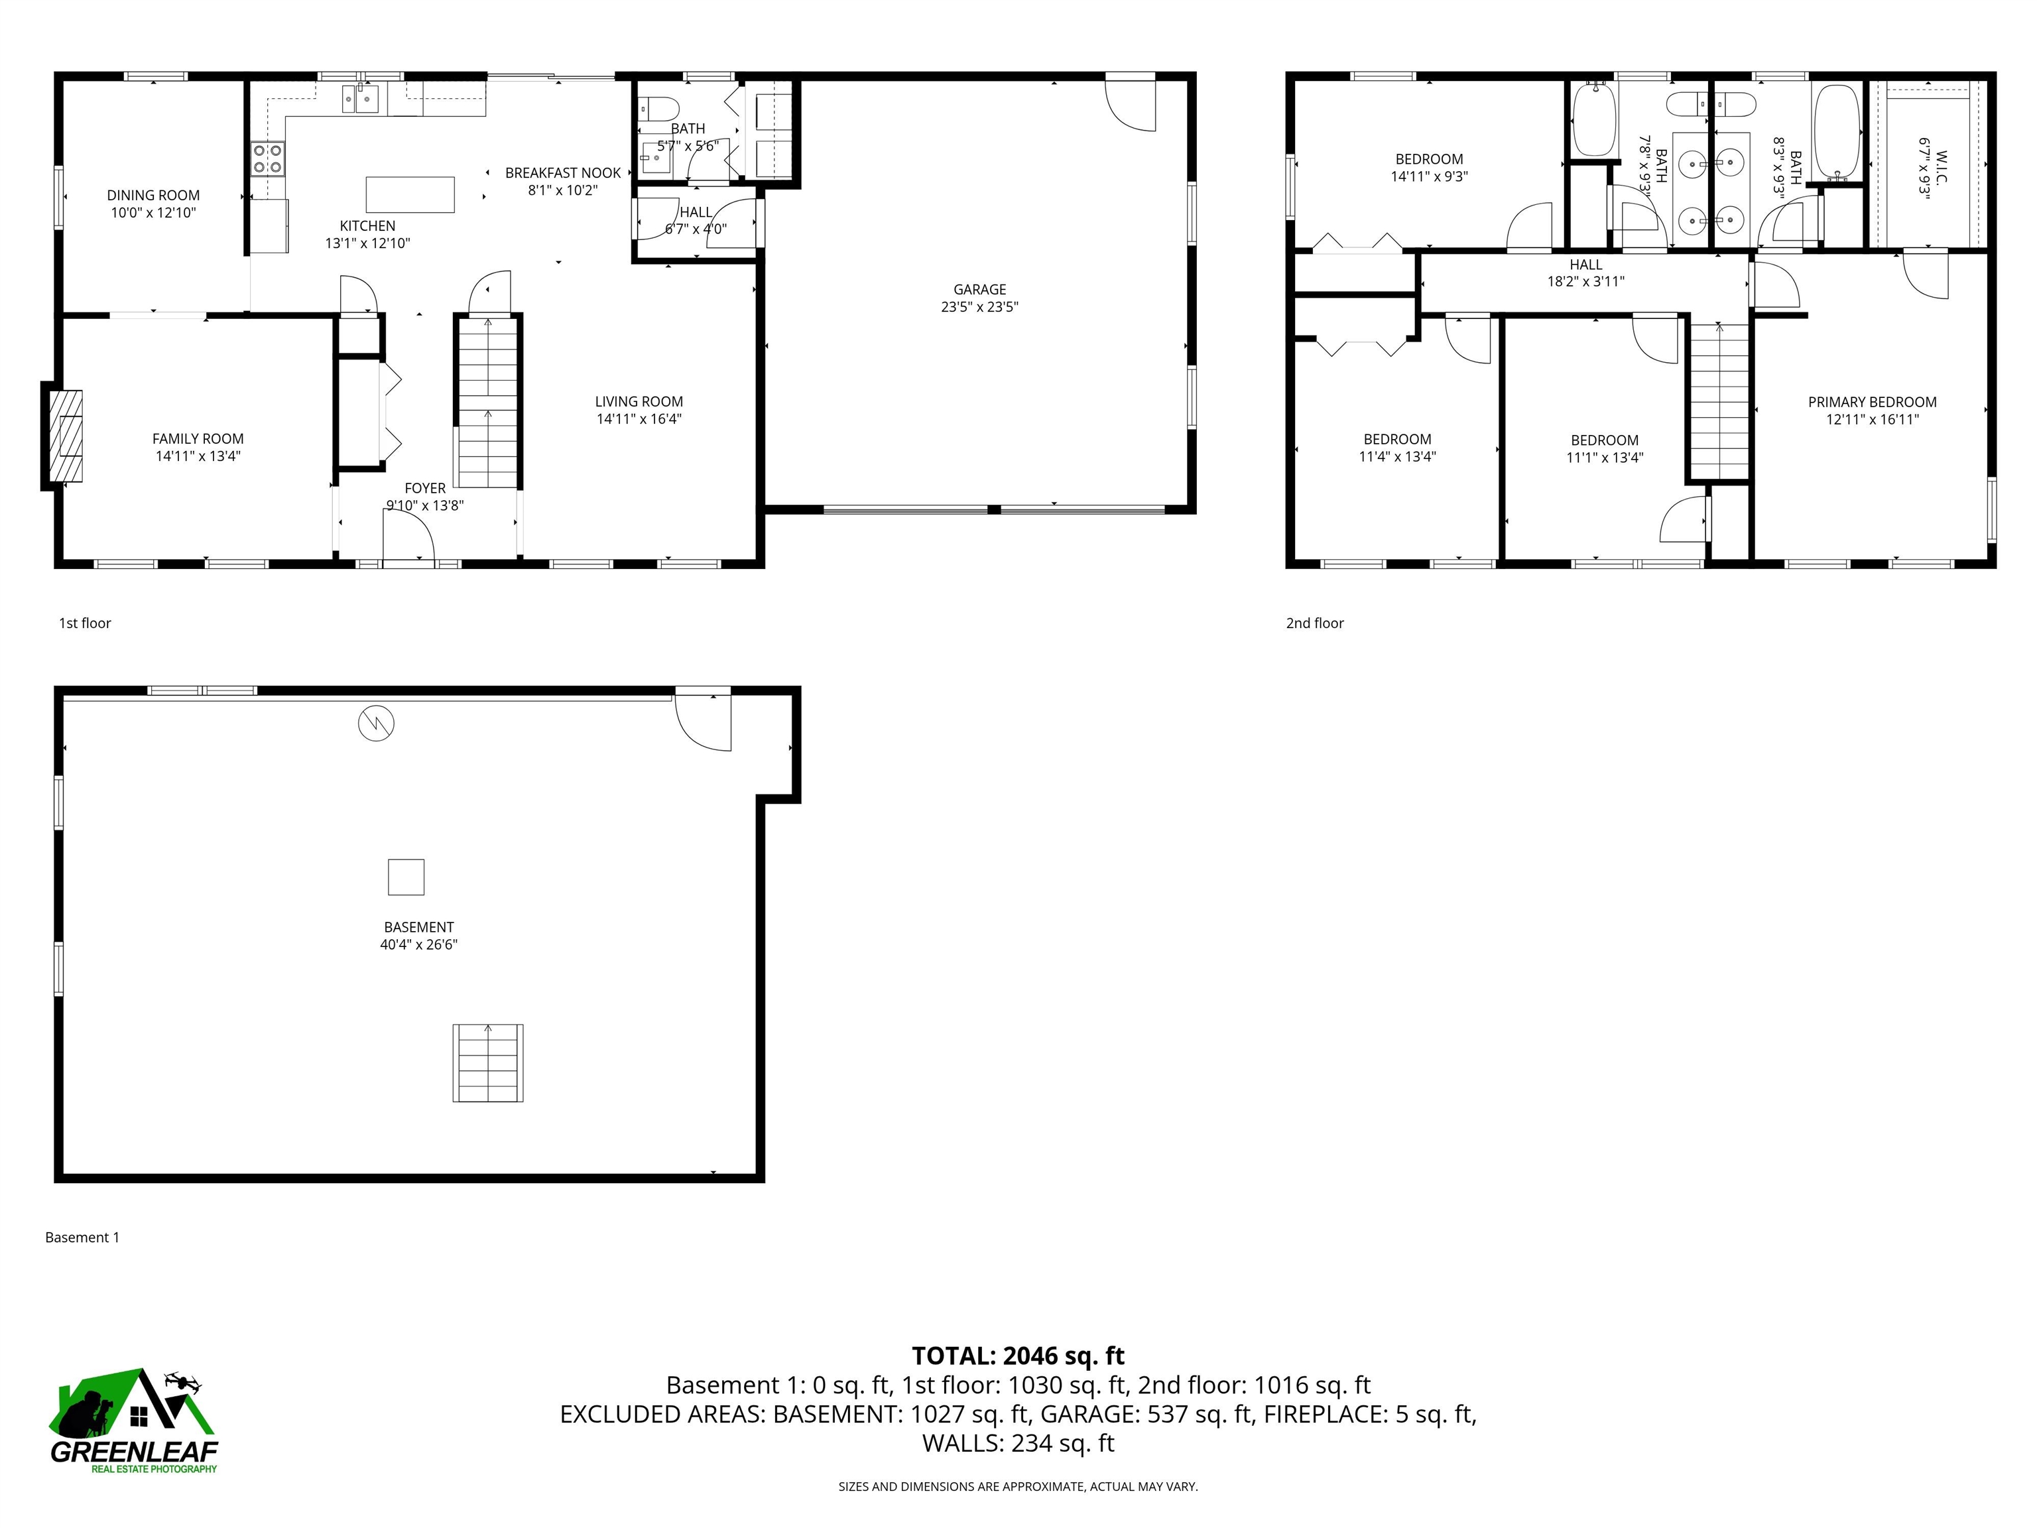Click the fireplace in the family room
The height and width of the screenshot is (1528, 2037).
point(64,436)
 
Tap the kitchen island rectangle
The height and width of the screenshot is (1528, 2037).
point(410,194)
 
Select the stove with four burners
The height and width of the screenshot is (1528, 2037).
point(268,159)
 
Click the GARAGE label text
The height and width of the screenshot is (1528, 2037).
point(979,289)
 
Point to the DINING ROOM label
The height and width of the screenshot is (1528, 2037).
point(153,195)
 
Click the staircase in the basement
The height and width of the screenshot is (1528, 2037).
point(487,1063)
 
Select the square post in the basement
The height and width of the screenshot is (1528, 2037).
point(405,877)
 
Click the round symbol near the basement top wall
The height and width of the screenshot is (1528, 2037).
point(376,723)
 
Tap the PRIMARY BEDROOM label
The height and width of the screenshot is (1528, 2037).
point(1871,402)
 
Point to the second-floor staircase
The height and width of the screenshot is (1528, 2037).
point(1718,401)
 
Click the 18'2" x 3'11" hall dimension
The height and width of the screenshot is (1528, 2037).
point(1585,282)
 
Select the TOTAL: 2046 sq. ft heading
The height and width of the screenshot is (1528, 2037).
point(1018,1356)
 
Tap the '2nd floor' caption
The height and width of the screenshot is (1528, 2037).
point(1314,623)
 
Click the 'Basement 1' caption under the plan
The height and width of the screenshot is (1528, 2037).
point(82,1237)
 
